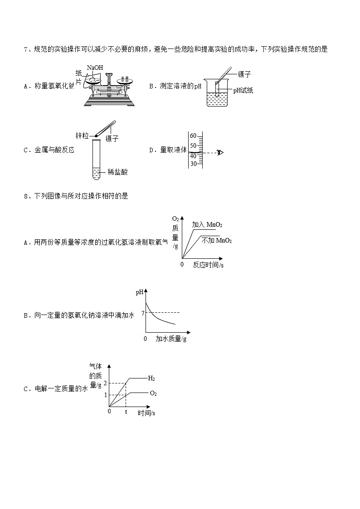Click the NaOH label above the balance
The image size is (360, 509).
(95, 68)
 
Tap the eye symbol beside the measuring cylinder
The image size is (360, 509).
(220, 152)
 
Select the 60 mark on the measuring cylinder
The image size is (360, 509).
(193, 136)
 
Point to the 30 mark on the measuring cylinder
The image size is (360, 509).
(193, 164)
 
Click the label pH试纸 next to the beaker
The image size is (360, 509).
(243, 91)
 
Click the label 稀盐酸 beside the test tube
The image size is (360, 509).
(118, 172)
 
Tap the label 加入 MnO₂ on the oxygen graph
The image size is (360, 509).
(207, 225)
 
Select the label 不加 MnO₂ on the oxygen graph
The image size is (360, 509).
(217, 240)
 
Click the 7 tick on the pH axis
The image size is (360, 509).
(143, 313)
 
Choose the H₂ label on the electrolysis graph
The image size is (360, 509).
(151, 378)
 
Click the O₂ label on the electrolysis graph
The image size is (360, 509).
(153, 393)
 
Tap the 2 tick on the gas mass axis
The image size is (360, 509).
(105, 383)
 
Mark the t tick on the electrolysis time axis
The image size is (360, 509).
(126, 412)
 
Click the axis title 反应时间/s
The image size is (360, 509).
(208, 265)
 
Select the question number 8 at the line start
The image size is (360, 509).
(25, 196)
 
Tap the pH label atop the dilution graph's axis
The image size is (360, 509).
(140, 292)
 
